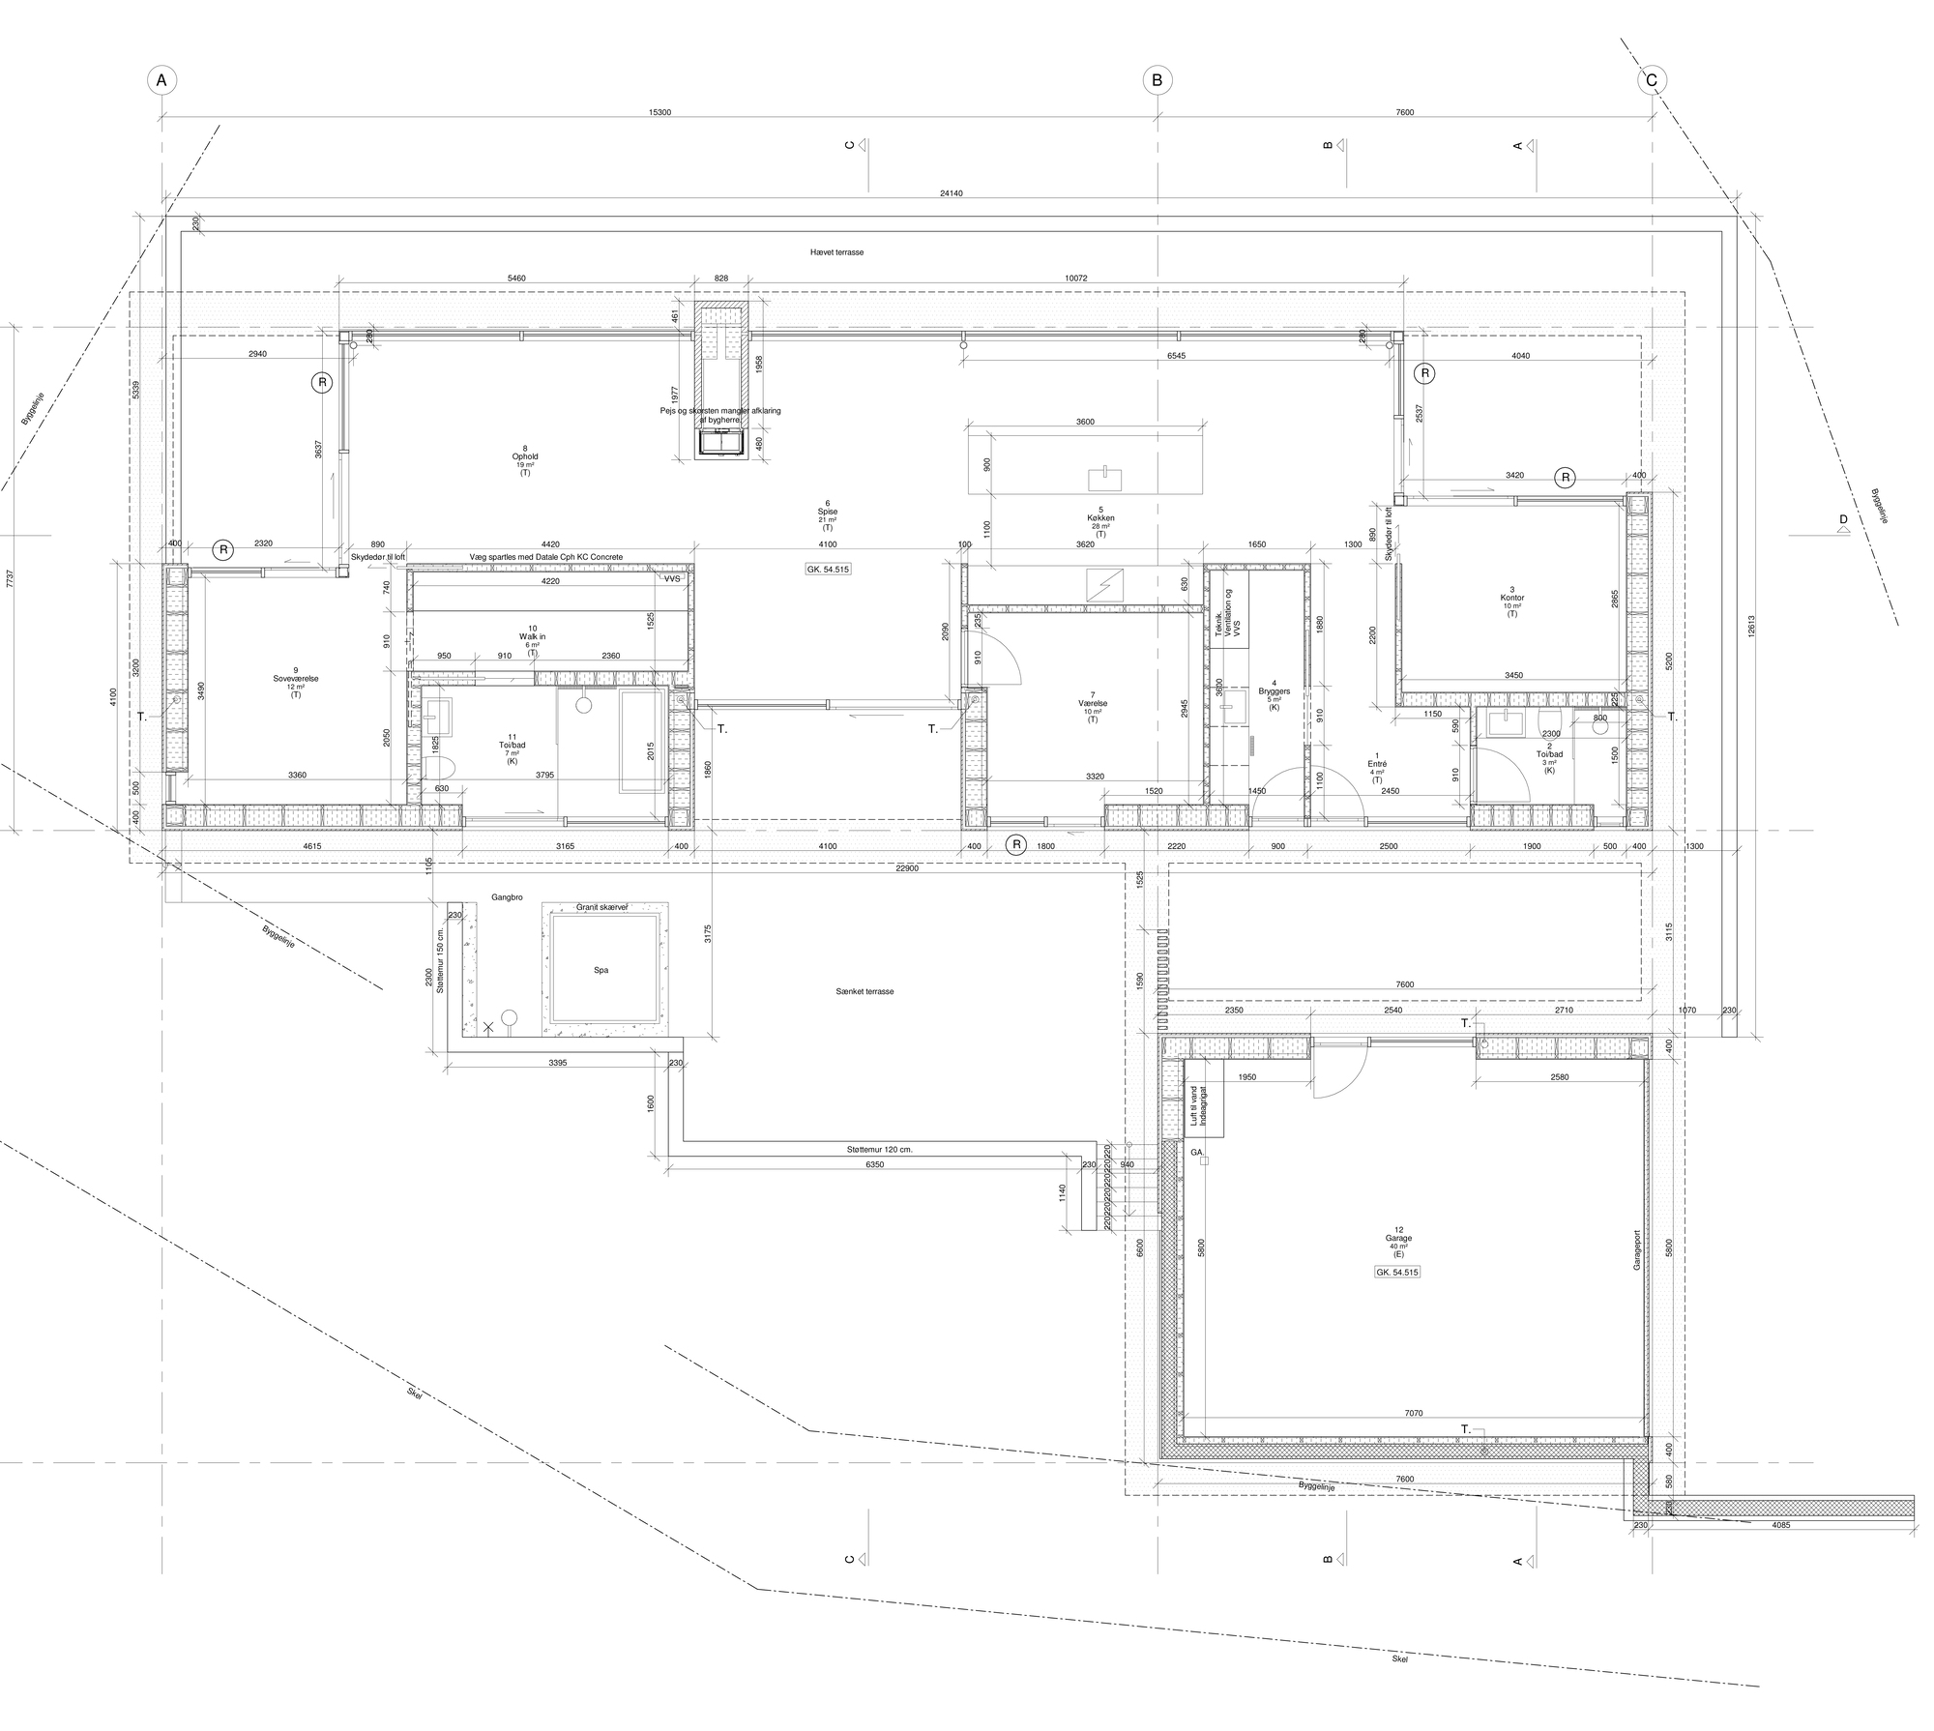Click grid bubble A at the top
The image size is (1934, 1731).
[161, 80]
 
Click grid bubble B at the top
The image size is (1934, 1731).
[1157, 80]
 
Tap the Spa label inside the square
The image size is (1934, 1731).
[601, 970]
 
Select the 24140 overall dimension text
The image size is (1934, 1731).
[951, 193]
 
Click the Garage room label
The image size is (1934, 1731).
[1398, 1238]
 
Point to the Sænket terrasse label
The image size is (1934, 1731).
[864, 991]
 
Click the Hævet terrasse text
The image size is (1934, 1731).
[836, 251]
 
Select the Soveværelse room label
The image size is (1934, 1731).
[295, 679]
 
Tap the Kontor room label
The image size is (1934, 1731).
[1511, 598]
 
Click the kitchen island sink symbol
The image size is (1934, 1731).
[1103, 478]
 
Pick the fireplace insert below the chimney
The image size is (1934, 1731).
[721, 444]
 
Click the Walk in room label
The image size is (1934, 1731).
[532, 636]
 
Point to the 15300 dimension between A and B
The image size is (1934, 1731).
[659, 112]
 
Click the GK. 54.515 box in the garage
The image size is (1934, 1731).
[1396, 1273]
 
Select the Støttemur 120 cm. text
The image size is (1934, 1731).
[879, 1150]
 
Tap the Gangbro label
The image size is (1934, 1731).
[507, 897]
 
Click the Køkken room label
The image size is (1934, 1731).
[1100, 518]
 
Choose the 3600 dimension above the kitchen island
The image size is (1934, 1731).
[1085, 422]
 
